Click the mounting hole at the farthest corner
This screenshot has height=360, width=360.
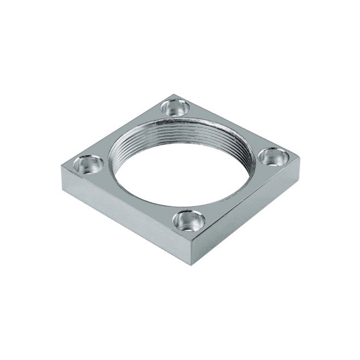[x=174, y=107]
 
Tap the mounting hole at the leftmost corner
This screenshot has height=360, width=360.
[x=88, y=164]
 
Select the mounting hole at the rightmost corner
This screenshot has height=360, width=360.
[x=272, y=156]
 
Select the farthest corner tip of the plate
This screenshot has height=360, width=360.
[x=173, y=94]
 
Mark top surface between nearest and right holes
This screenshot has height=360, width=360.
[x=237, y=194]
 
